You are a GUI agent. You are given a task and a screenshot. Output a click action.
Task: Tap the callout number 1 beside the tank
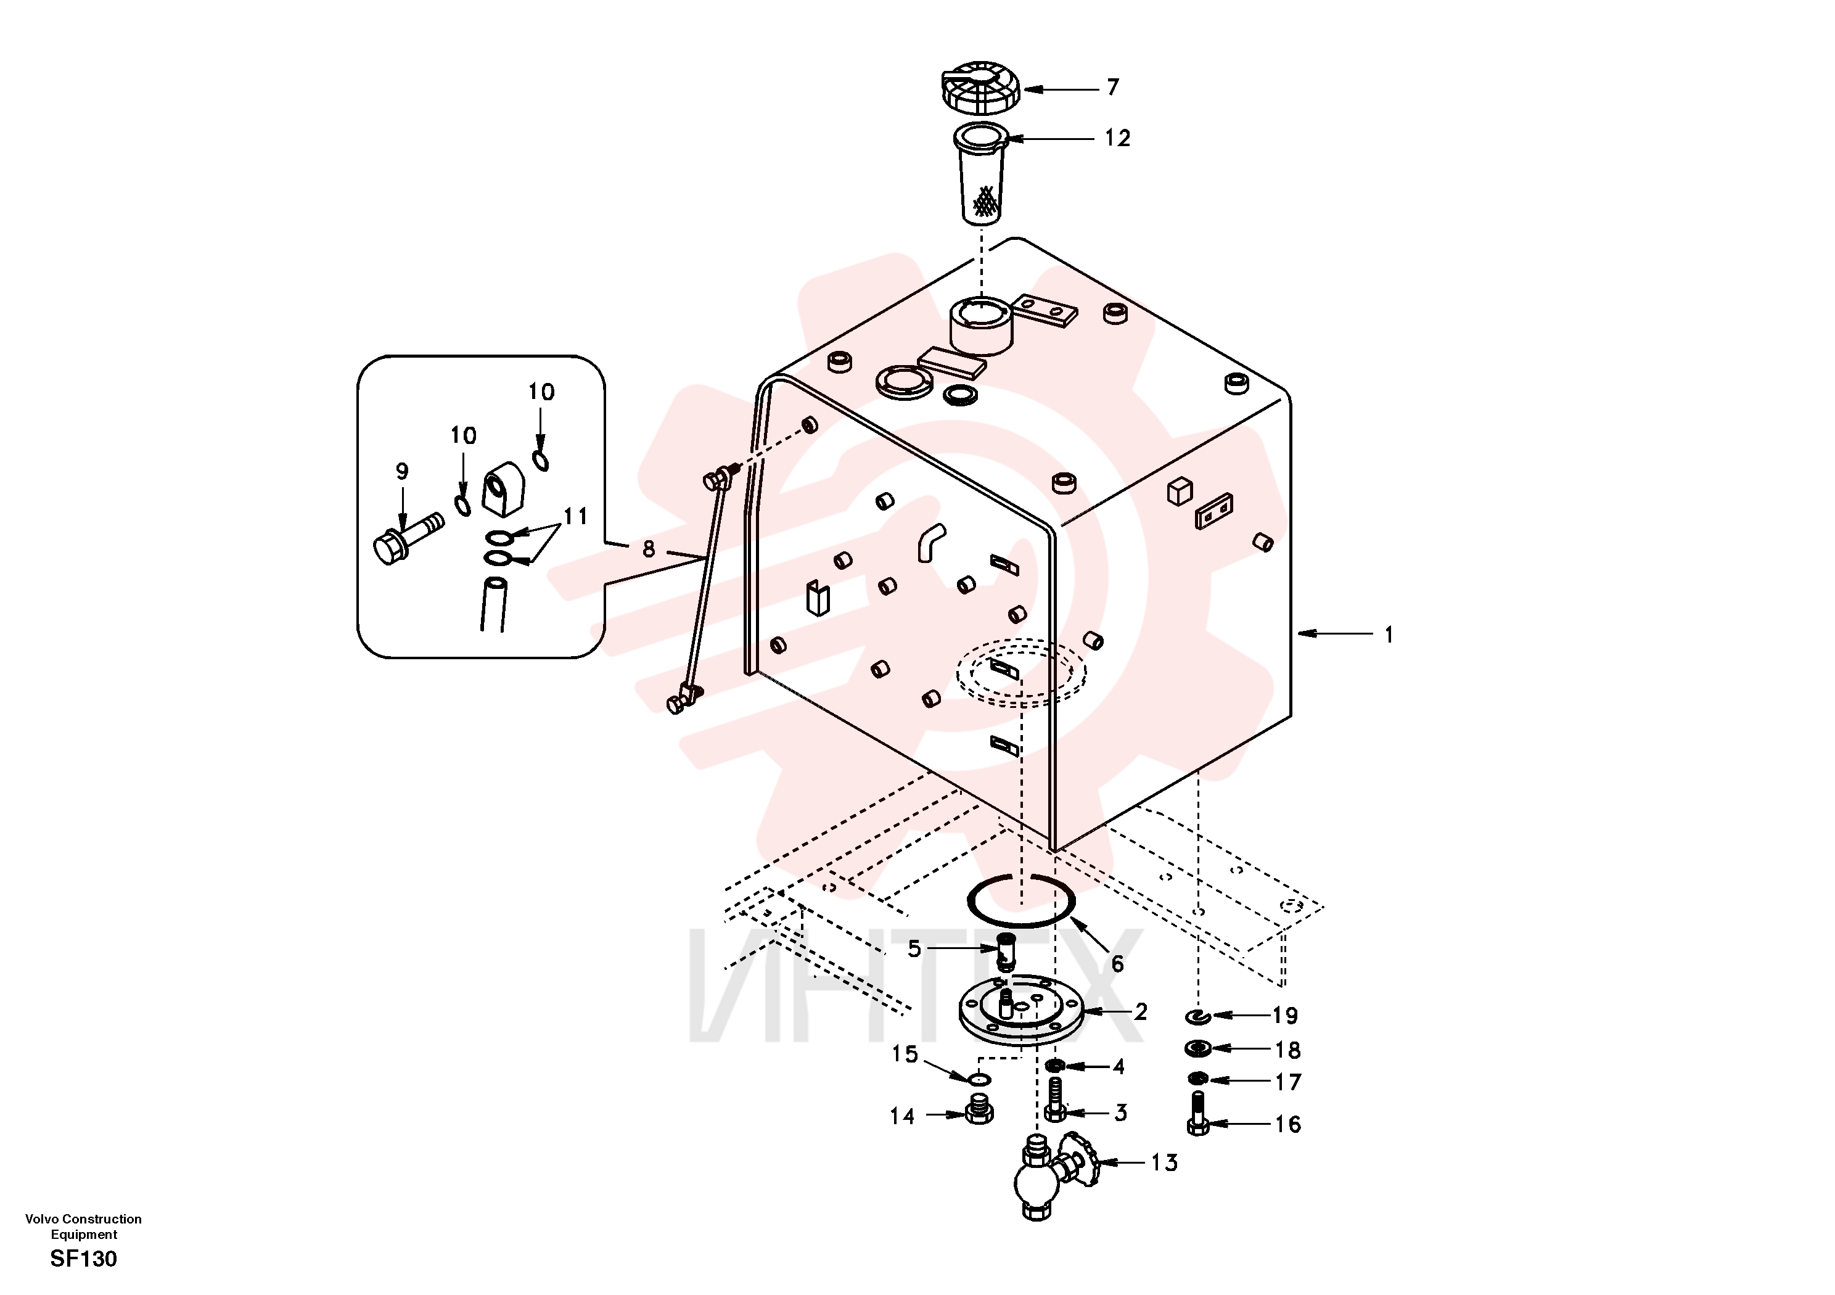pos(1389,635)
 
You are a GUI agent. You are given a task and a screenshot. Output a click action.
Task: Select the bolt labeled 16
pos(1196,1114)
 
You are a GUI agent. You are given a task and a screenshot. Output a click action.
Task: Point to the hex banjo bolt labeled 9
pos(408,538)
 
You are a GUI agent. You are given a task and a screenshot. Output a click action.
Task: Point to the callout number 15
pos(905,1054)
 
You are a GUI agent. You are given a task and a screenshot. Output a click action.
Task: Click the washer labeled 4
pos(1055,1066)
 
